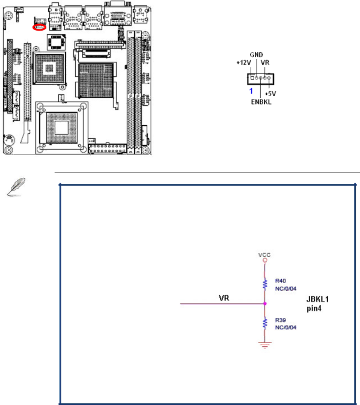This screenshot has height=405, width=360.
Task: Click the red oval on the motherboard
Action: [39, 27]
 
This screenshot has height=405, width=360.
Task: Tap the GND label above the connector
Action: [256, 55]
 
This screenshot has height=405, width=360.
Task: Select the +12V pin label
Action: [243, 62]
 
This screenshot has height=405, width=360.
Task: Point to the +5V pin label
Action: [270, 94]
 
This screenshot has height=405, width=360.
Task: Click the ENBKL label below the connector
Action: [261, 102]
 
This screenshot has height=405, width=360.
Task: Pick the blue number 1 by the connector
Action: [251, 91]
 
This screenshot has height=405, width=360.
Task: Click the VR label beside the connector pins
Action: [265, 62]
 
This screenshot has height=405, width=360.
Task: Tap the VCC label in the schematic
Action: [264, 255]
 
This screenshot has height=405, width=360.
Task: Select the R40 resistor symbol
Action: [264, 284]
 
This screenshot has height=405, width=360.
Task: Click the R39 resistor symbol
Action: [264, 323]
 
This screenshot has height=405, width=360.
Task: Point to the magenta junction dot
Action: [264, 304]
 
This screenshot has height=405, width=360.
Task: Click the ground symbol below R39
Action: [264, 345]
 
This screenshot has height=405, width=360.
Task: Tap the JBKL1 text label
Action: [317, 299]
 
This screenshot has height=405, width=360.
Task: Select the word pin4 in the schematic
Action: [314, 308]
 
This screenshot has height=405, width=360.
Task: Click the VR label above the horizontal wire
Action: [224, 298]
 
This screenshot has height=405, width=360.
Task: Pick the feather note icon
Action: [16, 187]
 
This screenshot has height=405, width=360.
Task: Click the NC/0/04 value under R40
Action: [285, 288]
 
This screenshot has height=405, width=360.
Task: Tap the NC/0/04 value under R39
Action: [285, 327]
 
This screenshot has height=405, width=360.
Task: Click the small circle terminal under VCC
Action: [264, 260]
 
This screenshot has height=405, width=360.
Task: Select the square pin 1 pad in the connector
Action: [252, 78]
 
